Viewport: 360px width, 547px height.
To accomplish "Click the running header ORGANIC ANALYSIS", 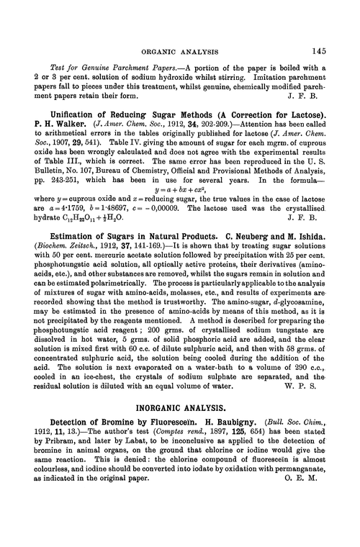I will [x=180, y=51].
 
